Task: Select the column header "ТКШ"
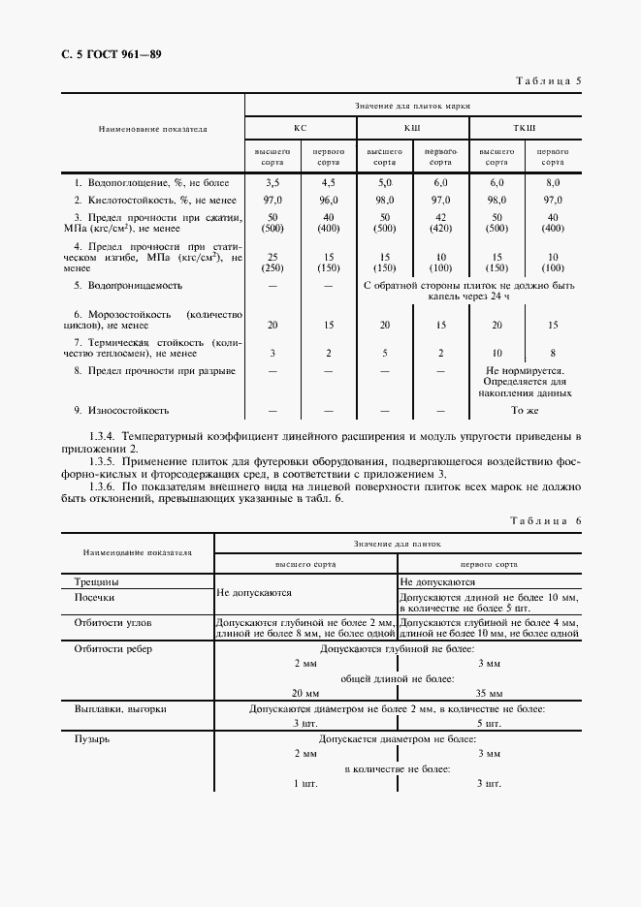524,128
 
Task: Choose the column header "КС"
300,128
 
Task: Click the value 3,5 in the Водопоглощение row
272,181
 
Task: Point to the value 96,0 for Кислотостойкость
328,199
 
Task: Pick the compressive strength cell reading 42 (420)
441,222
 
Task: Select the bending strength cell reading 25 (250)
272,261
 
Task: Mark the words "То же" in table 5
524,409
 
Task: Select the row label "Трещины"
97,582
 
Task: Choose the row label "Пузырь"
93,738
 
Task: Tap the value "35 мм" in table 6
490,694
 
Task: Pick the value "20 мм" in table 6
305,694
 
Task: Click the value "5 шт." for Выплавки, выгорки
490,723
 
